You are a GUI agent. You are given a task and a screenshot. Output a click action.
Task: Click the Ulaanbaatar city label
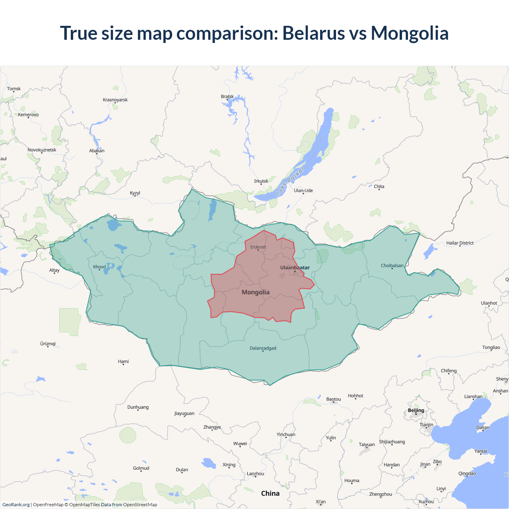[295, 268]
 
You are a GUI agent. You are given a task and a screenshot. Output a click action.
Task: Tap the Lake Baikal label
[290, 181]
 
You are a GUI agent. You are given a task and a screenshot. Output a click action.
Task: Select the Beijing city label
[416, 410]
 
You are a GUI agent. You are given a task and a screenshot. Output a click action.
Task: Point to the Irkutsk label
[261, 181]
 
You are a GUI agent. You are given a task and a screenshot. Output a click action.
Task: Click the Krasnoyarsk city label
[115, 100]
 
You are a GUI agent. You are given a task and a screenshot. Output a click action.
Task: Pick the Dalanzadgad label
[263, 348]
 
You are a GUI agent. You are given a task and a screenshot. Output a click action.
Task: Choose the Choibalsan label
[392, 266]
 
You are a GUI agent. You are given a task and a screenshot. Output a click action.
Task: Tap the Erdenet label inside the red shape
[258, 247]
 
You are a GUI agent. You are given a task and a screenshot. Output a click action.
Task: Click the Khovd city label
[99, 267]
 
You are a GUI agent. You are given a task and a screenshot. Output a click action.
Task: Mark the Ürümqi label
[48, 344]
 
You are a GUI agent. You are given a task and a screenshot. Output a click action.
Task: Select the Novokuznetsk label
[42, 150]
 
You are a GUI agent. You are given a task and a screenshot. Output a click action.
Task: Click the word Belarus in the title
[314, 33]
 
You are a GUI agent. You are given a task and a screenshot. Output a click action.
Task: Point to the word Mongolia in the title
[410, 33]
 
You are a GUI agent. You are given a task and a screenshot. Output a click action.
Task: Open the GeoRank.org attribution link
[16, 505]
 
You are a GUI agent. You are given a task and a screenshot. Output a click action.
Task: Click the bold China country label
[270, 493]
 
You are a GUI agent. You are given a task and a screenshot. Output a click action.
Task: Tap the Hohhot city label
[356, 396]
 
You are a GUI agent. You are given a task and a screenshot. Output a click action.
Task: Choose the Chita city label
[379, 187]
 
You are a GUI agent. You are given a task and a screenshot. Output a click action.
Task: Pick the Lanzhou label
[255, 474]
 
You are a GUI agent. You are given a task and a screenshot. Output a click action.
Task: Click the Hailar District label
[460, 243]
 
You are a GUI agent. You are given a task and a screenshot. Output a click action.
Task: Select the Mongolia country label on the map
[256, 292]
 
